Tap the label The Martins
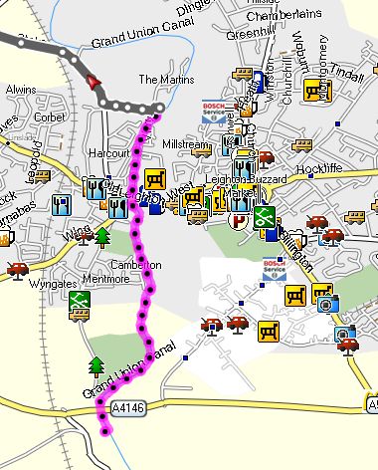(x=162, y=79)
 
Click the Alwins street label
(x=21, y=89)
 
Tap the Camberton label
(x=135, y=265)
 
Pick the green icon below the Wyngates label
(x=79, y=305)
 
